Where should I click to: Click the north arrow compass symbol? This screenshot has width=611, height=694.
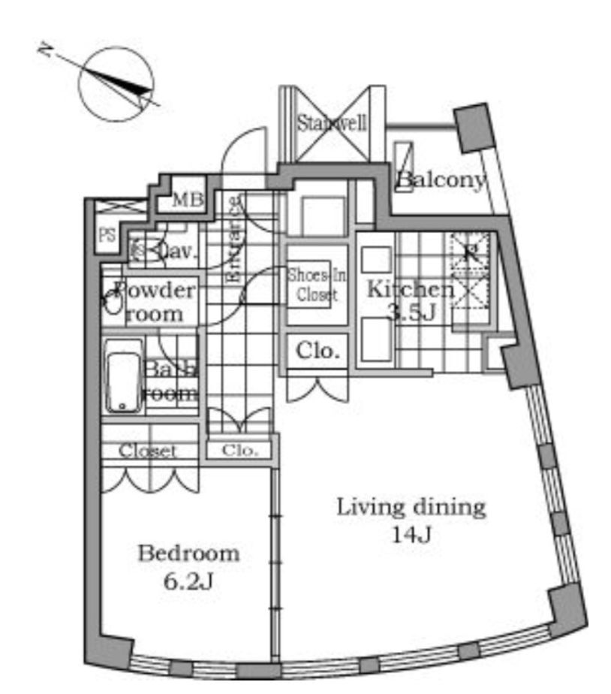[x=116, y=84]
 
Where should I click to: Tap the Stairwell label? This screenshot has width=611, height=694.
[x=332, y=123]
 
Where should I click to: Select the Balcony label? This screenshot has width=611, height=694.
[x=441, y=180]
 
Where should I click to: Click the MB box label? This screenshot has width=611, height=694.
[x=188, y=201]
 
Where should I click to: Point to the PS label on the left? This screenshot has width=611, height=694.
[x=107, y=235]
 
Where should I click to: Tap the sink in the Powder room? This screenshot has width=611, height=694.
[x=113, y=302]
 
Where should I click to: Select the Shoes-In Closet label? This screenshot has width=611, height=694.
[x=317, y=285]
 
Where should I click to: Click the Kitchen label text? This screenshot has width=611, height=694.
[x=410, y=289]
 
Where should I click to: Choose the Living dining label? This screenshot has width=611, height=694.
[x=411, y=507]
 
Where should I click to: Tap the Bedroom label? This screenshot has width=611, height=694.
[x=188, y=554]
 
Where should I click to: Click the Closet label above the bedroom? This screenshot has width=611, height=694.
[x=148, y=451]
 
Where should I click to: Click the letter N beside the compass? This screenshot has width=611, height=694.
[x=47, y=50]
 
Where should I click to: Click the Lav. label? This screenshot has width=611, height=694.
[x=180, y=252]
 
